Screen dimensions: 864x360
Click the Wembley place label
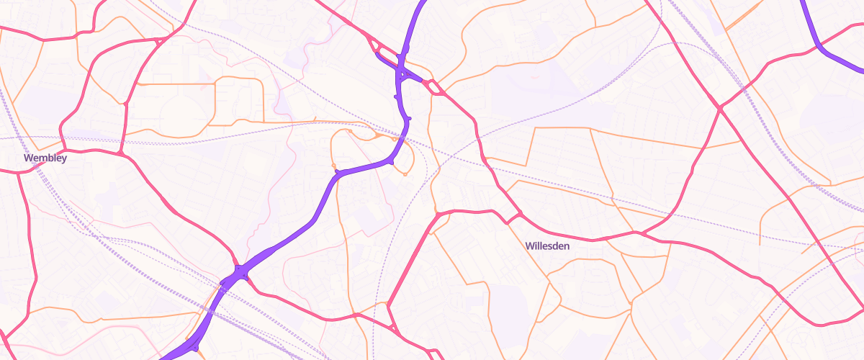click(x=45, y=158)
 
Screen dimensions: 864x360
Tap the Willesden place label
click(x=547, y=246)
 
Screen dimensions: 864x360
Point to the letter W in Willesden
click(x=529, y=246)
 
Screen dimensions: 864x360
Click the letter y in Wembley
click(x=64, y=158)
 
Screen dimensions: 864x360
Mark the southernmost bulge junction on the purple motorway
click(x=194, y=348)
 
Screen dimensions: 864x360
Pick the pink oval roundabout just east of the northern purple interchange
click(x=435, y=88)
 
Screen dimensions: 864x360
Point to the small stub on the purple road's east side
click(x=408, y=118)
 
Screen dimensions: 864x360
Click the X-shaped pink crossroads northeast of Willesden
click(x=719, y=109)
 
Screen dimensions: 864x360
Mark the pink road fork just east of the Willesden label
click(x=637, y=233)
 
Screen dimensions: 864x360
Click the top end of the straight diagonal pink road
click(x=436, y=215)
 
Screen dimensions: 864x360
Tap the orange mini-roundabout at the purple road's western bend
click(x=334, y=168)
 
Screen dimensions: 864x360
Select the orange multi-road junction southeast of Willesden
click(x=631, y=302)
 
